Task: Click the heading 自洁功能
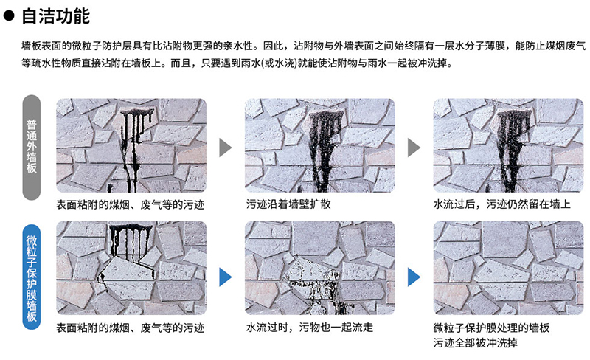click(56, 15)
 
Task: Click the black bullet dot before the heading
click(9, 15)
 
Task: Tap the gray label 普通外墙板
click(32, 148)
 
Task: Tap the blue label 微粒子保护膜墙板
click(32, 277)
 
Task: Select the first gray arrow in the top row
click(226, 148)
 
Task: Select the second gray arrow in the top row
click(414, 148)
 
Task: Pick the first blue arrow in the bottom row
click(226, 277)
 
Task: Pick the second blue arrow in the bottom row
click(414, 277)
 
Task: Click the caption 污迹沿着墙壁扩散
click(288, 204)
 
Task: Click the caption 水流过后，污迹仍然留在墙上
click(502, 204)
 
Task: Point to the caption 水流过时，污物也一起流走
click(309, 328)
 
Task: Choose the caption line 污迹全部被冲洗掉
click(475, 343)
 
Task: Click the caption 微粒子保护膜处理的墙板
click(491, 328)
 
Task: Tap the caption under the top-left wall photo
click(131, 204)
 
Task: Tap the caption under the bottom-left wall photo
click(131, 328)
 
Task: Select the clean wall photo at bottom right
click(508, 268)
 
